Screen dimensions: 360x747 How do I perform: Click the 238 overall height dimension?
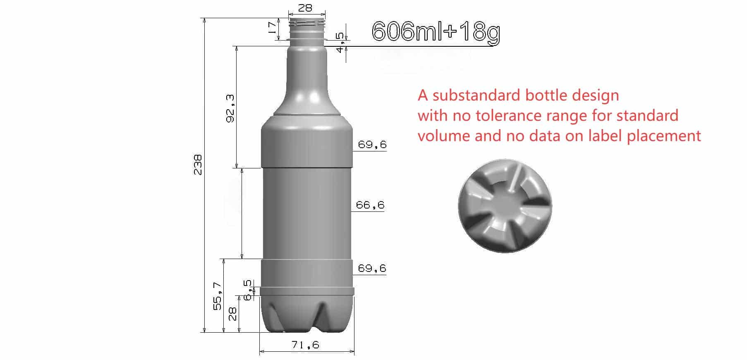point(198,165)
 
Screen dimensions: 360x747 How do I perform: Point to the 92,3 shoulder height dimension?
point(230,108)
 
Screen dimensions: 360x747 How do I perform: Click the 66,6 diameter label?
point(370,205)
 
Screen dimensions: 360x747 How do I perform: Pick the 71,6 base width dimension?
point(305,345)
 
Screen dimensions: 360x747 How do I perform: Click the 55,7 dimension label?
point(218,296)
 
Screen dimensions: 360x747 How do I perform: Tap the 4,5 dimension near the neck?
point(340,43)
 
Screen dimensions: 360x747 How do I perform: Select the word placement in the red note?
point(664,136)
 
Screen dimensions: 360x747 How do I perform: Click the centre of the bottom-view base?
point(505,206)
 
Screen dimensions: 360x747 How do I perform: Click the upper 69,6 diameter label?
point(372,144)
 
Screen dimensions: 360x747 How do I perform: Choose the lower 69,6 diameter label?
point(372,268)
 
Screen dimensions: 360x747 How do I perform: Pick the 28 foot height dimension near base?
point(232,314)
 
